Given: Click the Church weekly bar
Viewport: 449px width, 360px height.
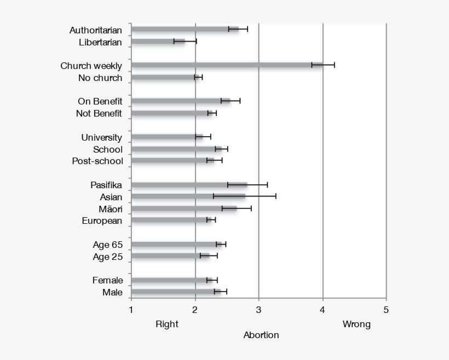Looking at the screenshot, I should [227, 65].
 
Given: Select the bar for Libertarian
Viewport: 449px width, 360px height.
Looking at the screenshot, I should [159, 41].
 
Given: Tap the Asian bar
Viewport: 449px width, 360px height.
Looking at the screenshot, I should [188, 196].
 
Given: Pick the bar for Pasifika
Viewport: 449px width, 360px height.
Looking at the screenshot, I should [189, 184].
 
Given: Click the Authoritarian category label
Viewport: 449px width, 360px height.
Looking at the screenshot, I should [96, 30].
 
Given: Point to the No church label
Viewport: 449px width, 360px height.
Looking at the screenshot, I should [100, 78].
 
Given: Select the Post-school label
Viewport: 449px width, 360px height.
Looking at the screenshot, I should [97, 161].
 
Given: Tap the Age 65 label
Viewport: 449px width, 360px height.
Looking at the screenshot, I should [107, 245].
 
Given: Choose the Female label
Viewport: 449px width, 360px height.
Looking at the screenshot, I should [107, 280].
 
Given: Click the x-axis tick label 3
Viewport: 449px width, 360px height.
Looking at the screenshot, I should [258, 310].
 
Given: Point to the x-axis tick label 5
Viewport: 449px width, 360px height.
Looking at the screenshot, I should [386, 310].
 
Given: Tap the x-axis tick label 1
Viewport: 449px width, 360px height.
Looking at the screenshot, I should [131, 310].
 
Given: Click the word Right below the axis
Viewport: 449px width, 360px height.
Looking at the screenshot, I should [167, 324].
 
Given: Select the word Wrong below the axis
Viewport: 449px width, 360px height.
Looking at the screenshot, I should [356, 324].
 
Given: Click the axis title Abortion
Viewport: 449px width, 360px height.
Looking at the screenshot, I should [261, 335].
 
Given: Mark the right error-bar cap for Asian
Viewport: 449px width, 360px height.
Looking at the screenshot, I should [275, 196].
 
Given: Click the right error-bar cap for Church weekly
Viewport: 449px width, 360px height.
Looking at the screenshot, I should [334, 65].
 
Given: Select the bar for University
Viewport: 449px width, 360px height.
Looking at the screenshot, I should [166, 137].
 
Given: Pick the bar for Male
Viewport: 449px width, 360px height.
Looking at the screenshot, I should [175, 292].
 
